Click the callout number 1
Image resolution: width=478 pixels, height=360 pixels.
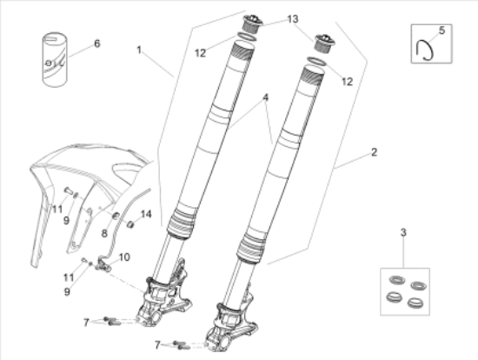pos(139,50)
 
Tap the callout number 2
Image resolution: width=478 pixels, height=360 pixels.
pos(374,152)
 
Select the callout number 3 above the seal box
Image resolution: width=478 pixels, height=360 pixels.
pos(403,232)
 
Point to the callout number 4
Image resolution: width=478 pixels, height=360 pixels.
pos(266,97)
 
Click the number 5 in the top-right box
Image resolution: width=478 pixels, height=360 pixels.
pos(441,30)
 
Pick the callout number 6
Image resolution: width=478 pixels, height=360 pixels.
pos(97,43)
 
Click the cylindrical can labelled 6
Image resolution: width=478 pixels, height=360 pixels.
pos(55,60)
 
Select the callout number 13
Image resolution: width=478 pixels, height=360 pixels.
pos(293,19)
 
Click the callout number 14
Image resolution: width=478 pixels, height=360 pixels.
pos(146,214)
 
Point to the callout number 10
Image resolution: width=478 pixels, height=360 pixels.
pos(124,257)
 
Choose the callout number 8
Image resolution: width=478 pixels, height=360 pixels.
pos(104,233)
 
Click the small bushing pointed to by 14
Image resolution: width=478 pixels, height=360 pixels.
pos(130,224)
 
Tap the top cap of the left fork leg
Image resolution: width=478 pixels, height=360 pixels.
pos(252,23)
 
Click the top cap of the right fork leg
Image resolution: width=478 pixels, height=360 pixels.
pos(325,43)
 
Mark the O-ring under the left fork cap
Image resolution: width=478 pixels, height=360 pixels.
pos(246,36)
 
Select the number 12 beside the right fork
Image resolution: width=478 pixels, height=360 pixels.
pos(348,82)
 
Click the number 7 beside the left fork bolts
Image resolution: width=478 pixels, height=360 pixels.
pos(86,322)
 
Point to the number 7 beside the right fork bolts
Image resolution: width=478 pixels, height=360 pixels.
pos(157,344)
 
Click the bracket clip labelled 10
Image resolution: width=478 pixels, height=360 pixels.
pos(103,263)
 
